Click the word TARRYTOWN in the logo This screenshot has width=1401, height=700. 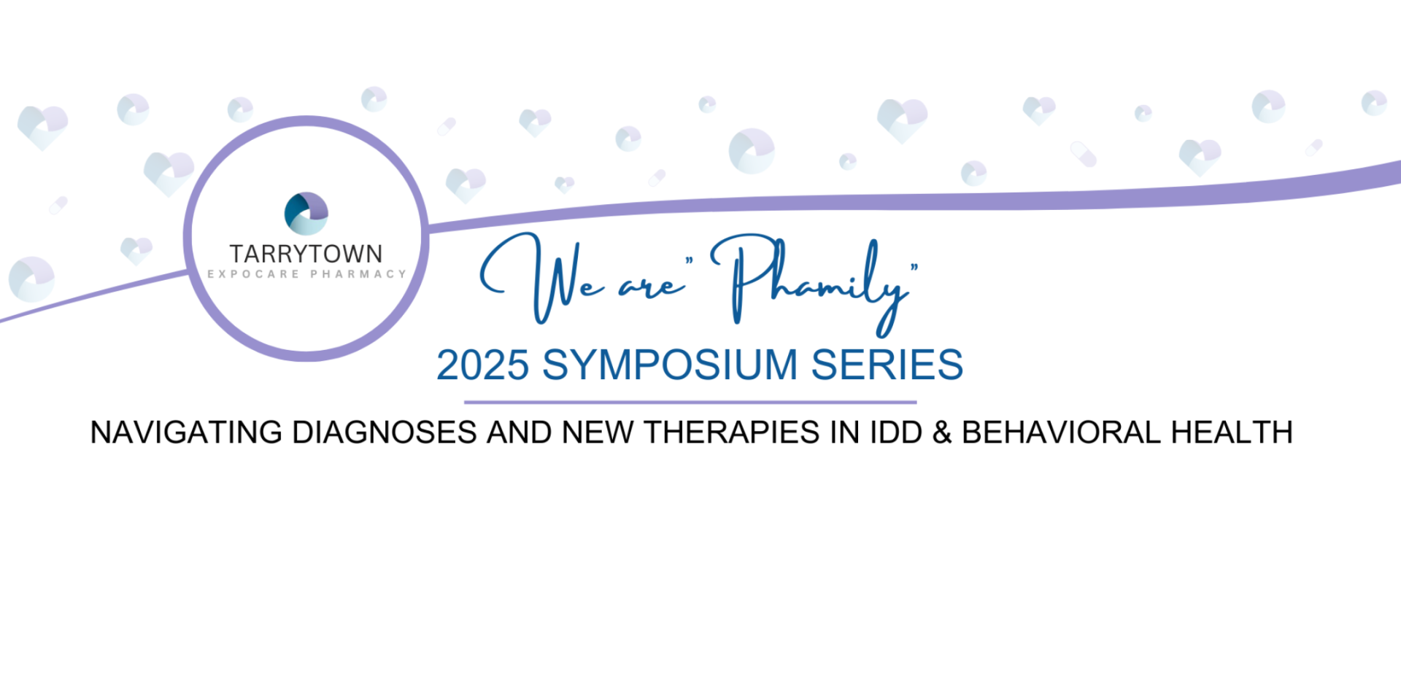click(306, 254)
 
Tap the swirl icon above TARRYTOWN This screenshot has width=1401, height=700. click(306, 213)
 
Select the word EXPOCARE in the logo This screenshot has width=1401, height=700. click(253, 274)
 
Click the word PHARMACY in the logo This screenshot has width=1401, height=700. click(358, 274)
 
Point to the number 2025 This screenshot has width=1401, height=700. click(482, 365)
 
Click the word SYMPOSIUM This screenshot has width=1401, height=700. click(670, 365)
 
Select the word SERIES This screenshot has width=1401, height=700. click(887, 365)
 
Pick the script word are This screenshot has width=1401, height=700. click(652, 287)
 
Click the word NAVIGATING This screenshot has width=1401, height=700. click(186, 432)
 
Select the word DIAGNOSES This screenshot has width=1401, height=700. click(385, 432)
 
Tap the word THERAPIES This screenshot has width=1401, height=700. click(731, 432)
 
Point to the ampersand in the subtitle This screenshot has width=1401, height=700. click(942, 432)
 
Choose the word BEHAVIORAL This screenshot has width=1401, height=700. click(1062, 432)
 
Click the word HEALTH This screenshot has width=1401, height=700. click(1232, 432)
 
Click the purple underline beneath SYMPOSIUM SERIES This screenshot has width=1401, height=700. click(690, 402)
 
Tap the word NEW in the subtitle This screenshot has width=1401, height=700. click(598, 432)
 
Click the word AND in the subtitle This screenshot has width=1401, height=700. click(520, 432)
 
